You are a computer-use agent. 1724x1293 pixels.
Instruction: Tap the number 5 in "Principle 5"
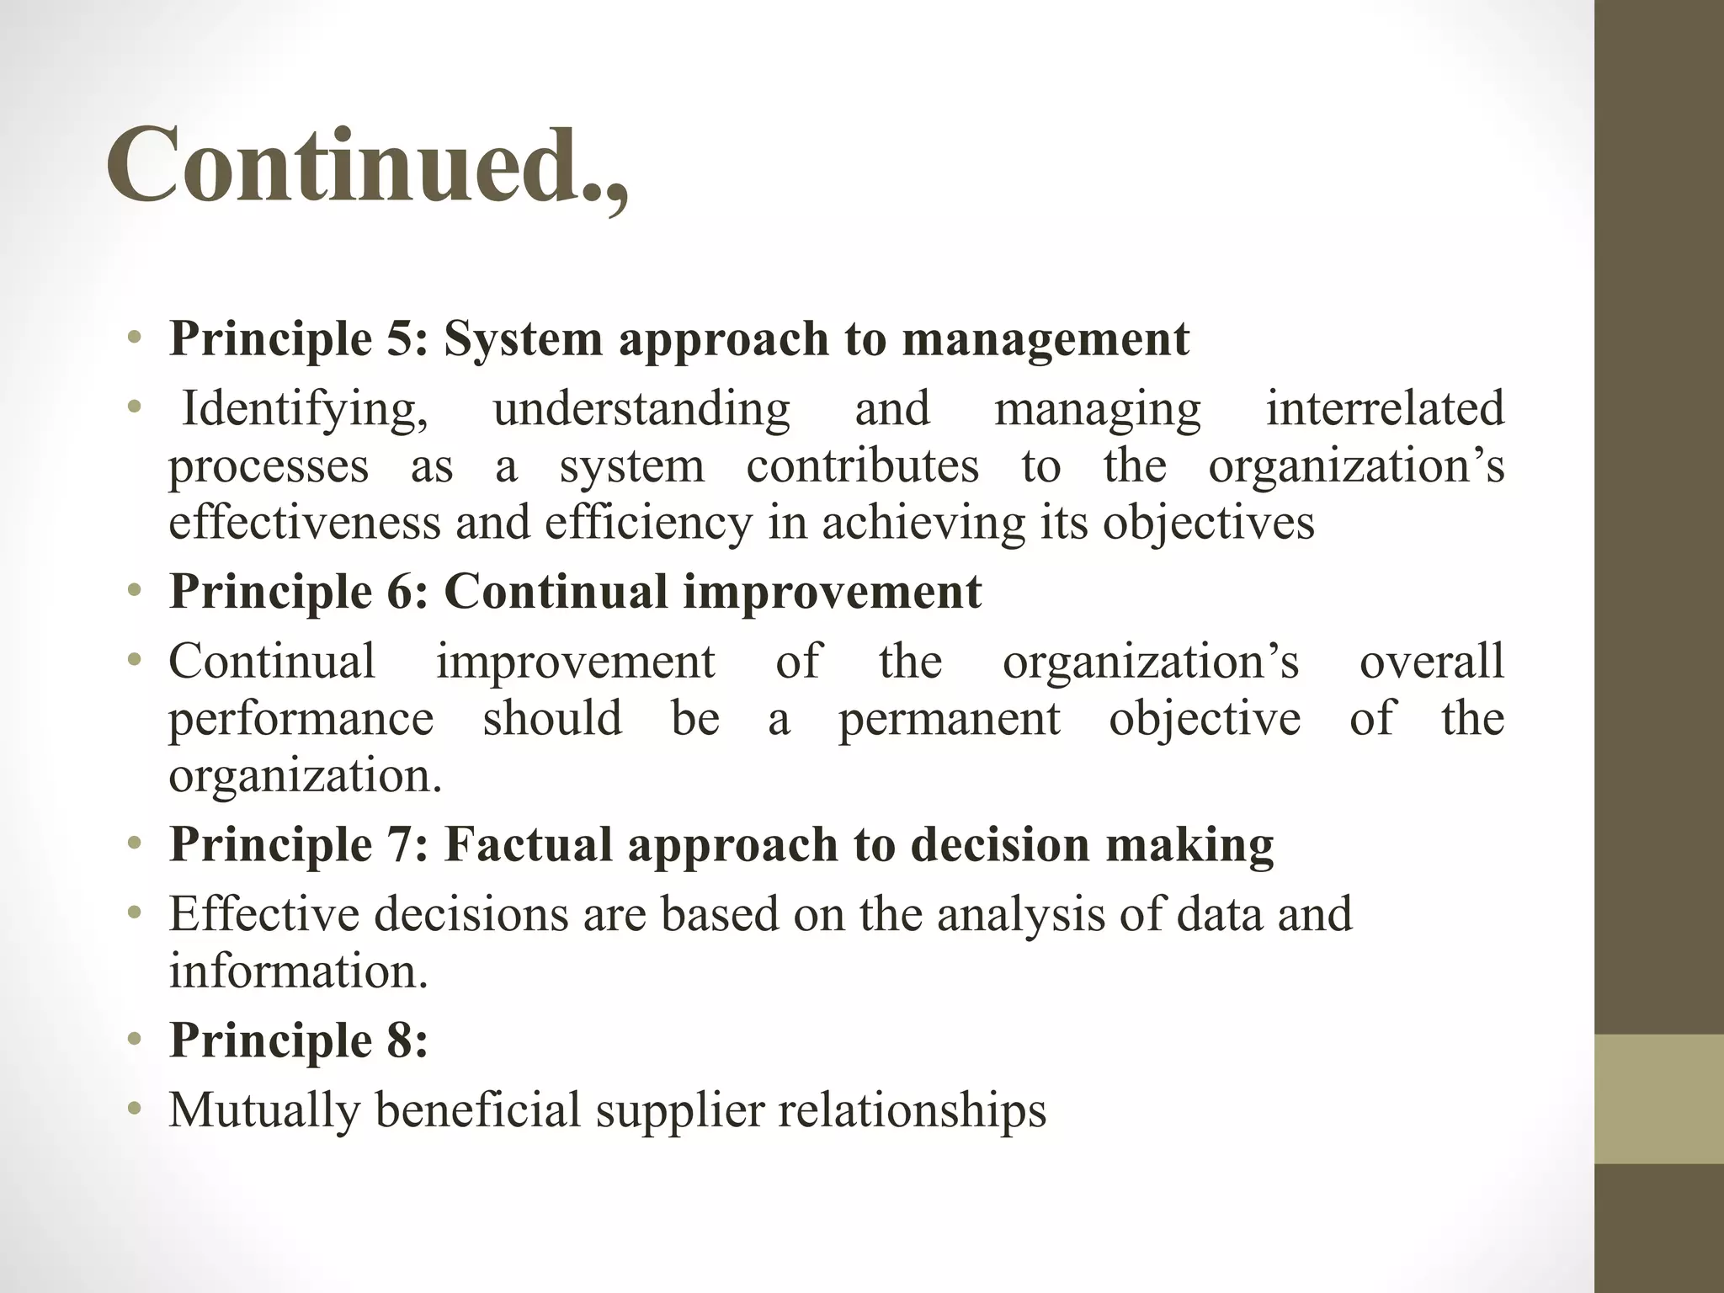[x=407, y=338]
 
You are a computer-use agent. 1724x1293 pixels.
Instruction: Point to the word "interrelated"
[x=1385, y=408]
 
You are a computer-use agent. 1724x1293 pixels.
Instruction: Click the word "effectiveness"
[x=305, y=522]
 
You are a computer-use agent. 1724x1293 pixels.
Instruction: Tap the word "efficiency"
[x=648, y=524]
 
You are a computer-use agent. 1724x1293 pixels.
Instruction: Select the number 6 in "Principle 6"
[x=407, y=592]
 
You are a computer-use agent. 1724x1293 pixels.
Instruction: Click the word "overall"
[x=1431, y=661]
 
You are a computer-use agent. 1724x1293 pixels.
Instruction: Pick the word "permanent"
[x=949, y=720]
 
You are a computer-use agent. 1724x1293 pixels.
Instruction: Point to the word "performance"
[x=301, y=720]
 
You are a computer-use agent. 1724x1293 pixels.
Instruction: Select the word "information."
[x=299, y=971]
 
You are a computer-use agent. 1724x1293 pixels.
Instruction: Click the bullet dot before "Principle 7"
[x=134, y=843]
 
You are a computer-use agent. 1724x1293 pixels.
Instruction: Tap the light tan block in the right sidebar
[x=1659, y=1099]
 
